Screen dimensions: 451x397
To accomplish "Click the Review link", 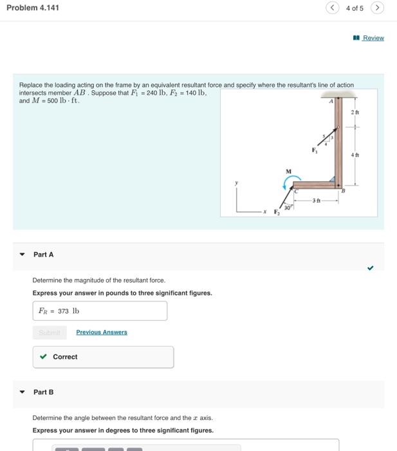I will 373,38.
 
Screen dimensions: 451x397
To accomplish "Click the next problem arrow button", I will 378,8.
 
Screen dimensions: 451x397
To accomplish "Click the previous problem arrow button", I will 332,8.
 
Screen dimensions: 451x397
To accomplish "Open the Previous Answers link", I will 102,332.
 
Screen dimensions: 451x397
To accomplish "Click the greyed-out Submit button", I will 49,332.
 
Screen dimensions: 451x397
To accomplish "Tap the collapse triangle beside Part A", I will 22,254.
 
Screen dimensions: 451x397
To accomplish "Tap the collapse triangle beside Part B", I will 22,392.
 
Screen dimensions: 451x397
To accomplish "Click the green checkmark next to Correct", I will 43,357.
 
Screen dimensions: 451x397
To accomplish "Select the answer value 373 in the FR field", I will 63,311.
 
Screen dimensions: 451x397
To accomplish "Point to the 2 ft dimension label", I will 355,113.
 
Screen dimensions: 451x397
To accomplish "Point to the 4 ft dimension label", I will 355,155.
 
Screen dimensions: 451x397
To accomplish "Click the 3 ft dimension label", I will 315,201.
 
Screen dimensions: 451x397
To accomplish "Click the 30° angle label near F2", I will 288,207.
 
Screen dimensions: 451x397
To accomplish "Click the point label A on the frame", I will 332,101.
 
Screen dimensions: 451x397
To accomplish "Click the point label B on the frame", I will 343,191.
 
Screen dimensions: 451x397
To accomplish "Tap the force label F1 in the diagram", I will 315,151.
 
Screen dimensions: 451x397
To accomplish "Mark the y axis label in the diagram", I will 236,182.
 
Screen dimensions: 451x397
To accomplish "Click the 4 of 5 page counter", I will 355,8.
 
